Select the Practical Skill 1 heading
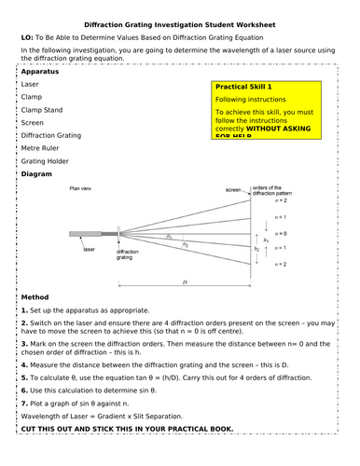[251, 86]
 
